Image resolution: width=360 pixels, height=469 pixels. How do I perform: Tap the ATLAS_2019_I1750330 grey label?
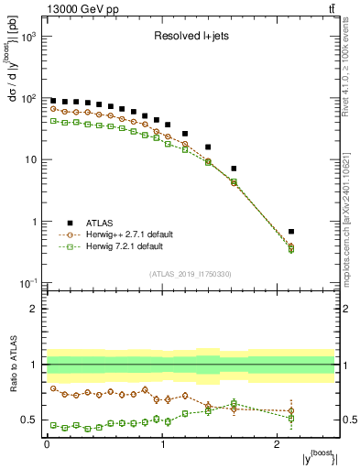click(191, 273)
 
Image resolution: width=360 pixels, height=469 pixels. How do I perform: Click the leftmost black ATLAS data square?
click(53, 101)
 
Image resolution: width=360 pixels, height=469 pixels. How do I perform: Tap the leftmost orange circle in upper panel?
click(53, 109)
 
